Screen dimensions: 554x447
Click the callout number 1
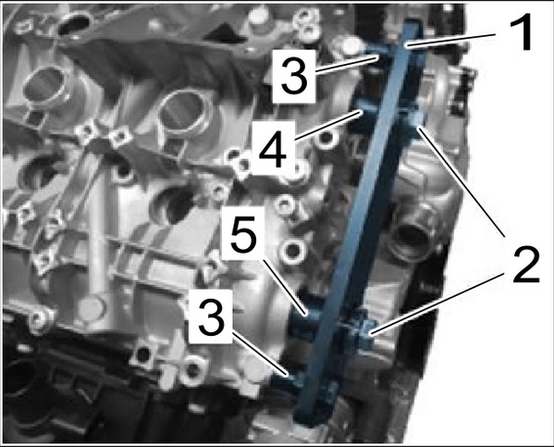tap(520, 31)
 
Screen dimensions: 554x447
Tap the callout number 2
tap(526, 265)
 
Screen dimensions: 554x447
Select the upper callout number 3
tap(294, 77)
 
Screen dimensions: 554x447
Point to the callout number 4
tap(273, 148)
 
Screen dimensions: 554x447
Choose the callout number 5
tap(244, 233)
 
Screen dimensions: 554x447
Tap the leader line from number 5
tap(285, 287)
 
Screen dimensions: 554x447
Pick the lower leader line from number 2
tap(437, 303)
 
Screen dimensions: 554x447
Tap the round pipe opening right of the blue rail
tap(412, 234)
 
